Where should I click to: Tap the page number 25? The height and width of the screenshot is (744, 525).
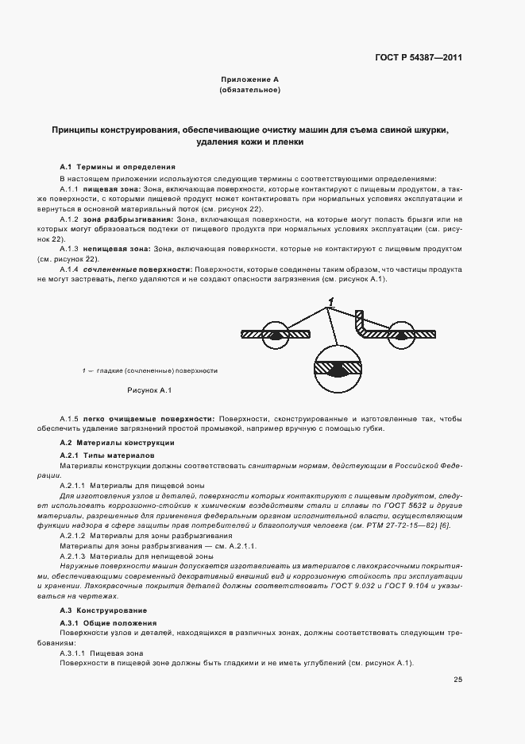coord(458,679)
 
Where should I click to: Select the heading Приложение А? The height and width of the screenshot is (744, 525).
coord(249,80)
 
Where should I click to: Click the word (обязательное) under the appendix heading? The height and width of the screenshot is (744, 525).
coord(249,91)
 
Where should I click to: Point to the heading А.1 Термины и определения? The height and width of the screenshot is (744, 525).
coord(118,167)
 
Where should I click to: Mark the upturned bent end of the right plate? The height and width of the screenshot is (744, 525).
coord(360,319)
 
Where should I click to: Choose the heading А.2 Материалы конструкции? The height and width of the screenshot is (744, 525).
coord(118,442)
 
